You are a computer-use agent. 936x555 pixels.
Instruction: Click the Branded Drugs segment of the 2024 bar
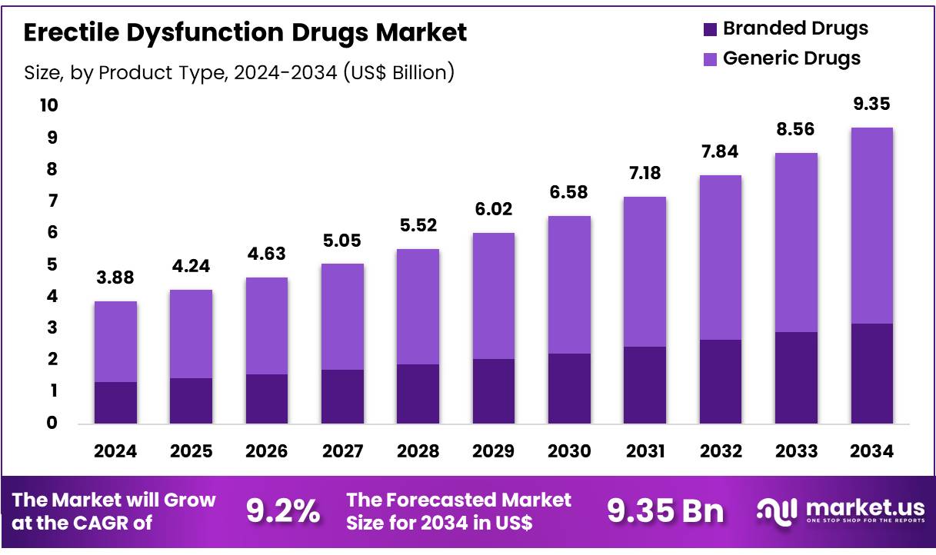tap(115, 402)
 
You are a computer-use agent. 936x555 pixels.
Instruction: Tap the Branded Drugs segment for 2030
tap(569, 388)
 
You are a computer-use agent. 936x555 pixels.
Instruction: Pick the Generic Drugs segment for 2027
tap(342, 317)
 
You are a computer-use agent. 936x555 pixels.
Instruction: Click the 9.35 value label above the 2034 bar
tap(871, 104)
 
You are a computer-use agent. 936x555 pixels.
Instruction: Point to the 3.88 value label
tap(115, 278)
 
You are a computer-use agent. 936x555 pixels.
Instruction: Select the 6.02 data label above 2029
tap(494, 209)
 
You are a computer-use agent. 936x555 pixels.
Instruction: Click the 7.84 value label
tap(720, 151)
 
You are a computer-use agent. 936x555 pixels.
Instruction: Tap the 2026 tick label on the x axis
tap(267, 451)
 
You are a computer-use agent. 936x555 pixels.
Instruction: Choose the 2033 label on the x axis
tap(796, 451)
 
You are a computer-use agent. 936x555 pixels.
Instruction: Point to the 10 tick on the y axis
tap(49, 105)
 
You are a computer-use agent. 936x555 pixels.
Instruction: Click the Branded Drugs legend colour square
tap(710, 29)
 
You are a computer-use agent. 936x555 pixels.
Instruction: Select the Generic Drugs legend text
tap(791, 58)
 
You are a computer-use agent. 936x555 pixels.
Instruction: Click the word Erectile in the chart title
tap(68, 32)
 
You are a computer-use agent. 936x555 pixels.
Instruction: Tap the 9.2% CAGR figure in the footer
tap(282, 511)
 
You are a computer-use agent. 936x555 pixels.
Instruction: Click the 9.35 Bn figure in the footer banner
tap(665, 511)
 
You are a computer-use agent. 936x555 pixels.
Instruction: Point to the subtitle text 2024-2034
tap(285, 73)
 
